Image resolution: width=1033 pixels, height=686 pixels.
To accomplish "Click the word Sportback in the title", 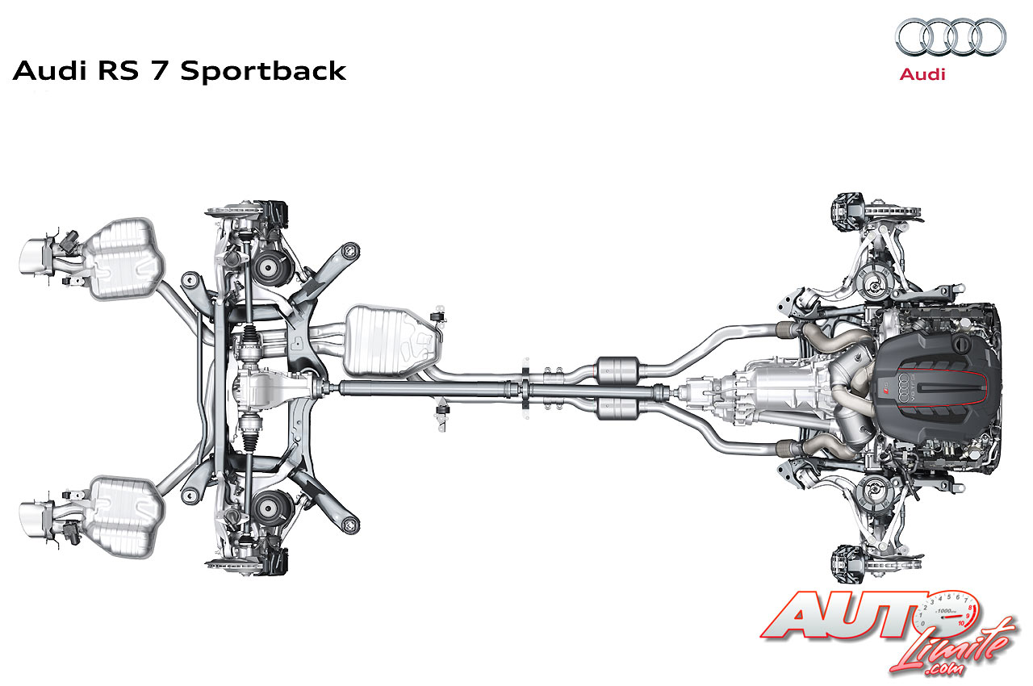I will [264, 71].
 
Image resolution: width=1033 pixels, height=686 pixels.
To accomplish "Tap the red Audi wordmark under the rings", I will [922, 74].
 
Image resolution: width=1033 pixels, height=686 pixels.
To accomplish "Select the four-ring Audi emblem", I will [950, 36].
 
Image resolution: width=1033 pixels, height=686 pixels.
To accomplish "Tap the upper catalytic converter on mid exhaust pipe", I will [617, 370].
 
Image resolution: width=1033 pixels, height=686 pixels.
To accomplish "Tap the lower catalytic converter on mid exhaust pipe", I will [617, 409].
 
